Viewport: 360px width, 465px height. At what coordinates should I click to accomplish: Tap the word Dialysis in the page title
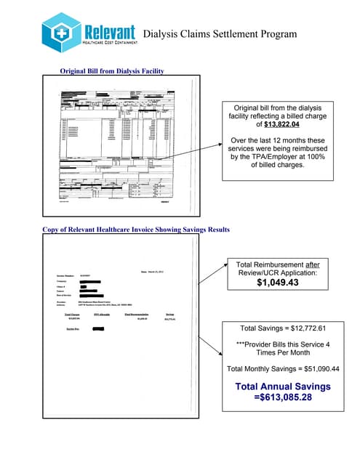click(162, 34)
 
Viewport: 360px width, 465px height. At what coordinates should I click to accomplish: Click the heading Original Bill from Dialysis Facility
click(112, 70)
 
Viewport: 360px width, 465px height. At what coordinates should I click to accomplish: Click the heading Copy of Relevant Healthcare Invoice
click(136, 230)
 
